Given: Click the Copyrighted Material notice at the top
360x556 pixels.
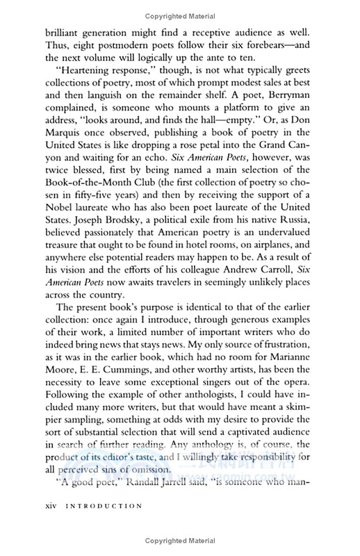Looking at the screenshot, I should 179,15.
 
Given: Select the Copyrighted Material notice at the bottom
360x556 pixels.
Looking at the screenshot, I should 179,541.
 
